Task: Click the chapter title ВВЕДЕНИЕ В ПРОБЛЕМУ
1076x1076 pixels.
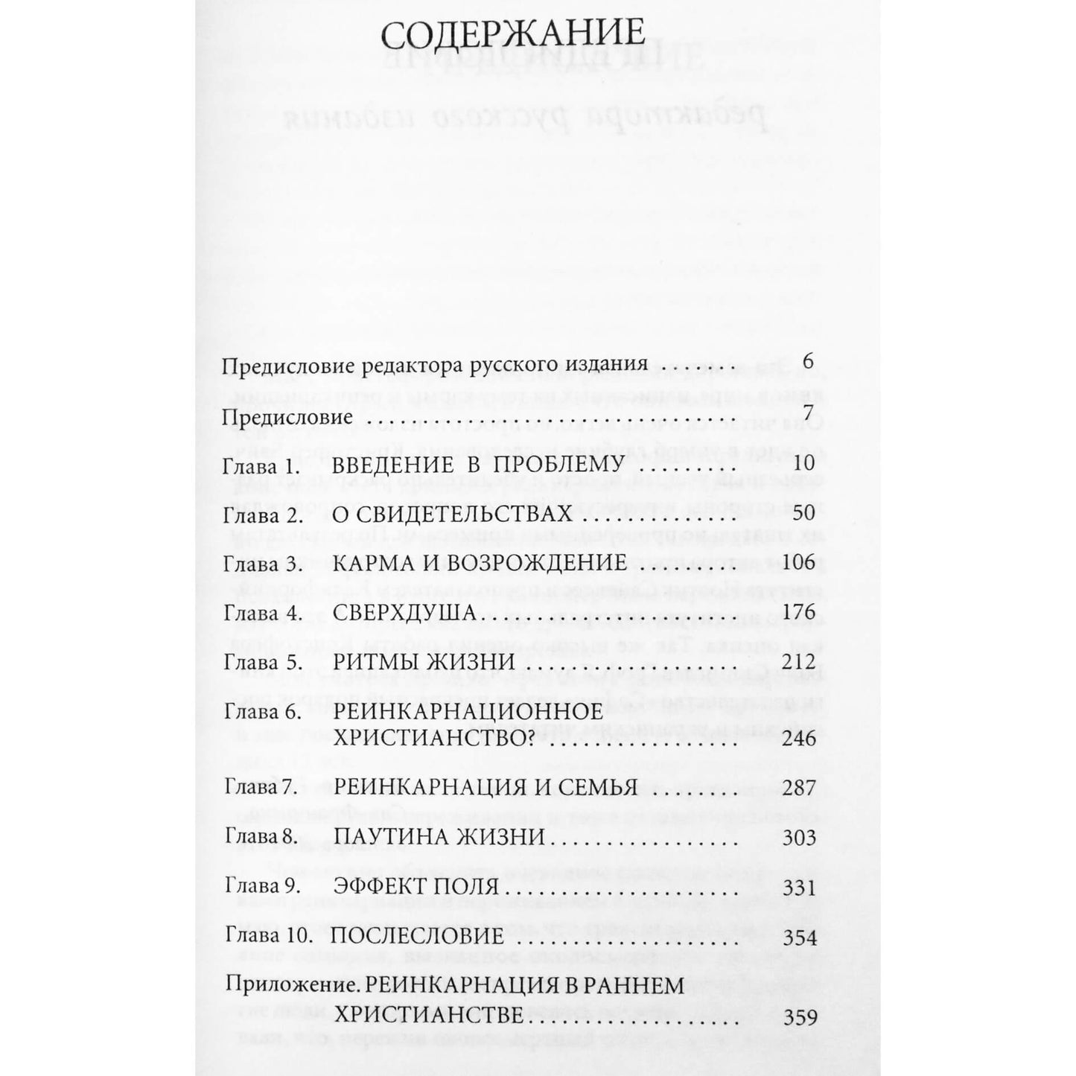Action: tap(477, 465)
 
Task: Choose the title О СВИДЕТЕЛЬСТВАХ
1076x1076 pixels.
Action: tap(452, 514)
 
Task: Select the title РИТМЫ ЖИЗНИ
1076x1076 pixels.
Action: tap(424, 663)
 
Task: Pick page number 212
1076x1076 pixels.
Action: tap(800, 663)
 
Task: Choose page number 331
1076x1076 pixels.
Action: tap(800, 888)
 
